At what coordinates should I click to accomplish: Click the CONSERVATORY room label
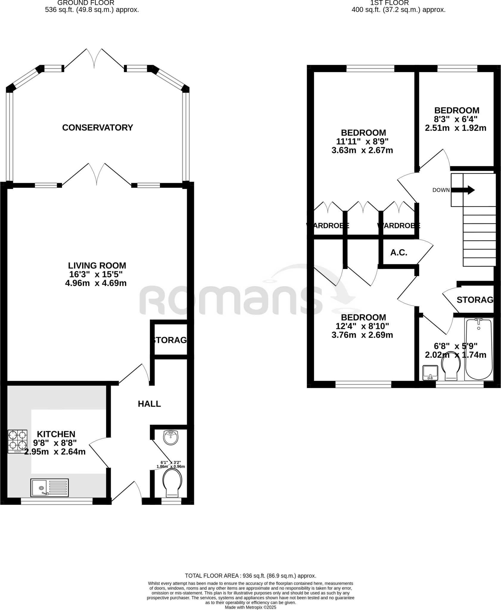[x=97, y=127]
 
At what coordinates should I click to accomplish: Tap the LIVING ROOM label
[x=97, y=265]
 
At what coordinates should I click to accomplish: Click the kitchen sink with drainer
[x=49, y=488]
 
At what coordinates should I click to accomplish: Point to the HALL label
[x=149, y=404]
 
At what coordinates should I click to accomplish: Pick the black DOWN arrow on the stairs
[x=463, y=190]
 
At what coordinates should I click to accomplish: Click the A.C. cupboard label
[x=399, y=253]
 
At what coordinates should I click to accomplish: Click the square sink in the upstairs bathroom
[x=430, y=373]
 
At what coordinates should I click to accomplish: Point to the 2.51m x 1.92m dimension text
[x=455, y=128]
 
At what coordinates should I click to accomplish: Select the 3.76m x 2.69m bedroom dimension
[x=362, y=335]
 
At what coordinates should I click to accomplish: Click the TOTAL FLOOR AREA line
[x=251, y=576]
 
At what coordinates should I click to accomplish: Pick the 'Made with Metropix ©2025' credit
[x=251, y=607]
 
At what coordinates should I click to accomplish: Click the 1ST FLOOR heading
[x=389, y=3]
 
